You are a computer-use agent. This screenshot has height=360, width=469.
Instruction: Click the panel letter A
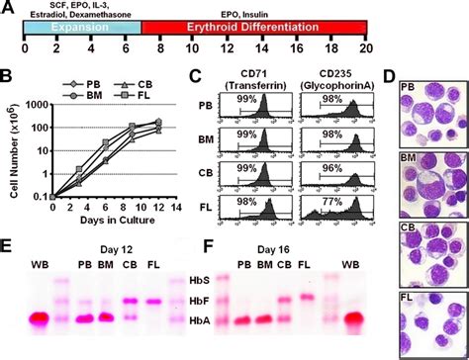(x=9, y=8)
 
